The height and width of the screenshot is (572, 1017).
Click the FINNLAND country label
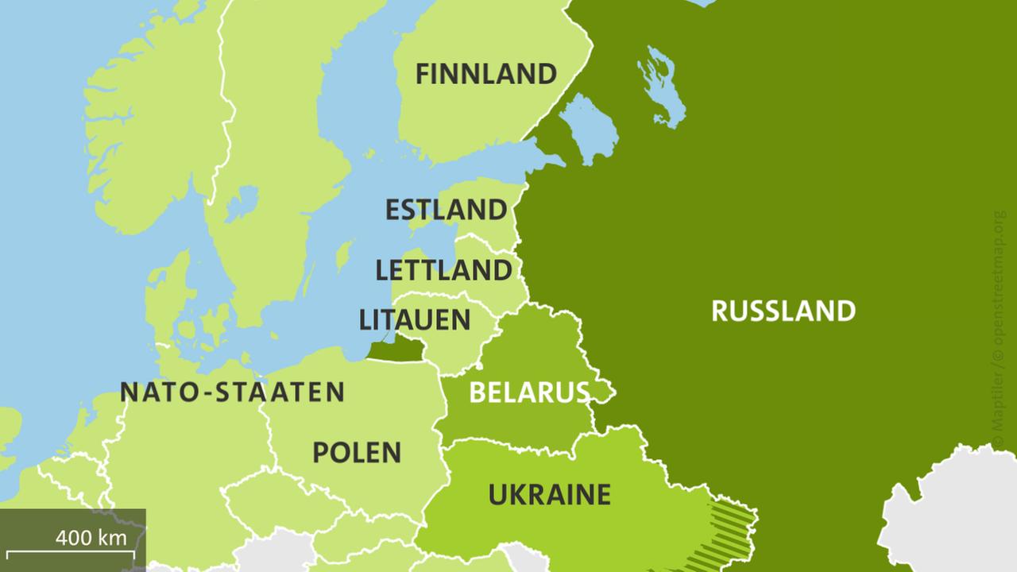(485, 75)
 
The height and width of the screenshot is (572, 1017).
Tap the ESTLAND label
(446, 211)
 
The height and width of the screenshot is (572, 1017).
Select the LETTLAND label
(443, 270)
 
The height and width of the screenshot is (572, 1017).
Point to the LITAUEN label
(415, 320)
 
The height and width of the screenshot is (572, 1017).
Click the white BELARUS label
(529, 392)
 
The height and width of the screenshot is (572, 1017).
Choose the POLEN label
(357, 453)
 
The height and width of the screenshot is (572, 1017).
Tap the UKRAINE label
(549, 494)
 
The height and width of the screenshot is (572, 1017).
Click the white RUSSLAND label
(783, 311)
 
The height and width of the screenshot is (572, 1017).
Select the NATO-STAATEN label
(232, 392)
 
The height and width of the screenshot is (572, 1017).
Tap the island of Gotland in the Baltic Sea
(343, 257)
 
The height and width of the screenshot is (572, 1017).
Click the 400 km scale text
(91, 538)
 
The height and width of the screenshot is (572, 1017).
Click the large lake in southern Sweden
(241, 203)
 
